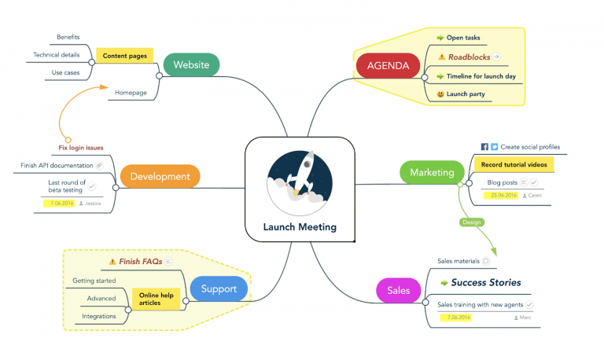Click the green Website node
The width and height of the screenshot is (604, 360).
(190, 64)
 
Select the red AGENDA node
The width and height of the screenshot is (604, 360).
(388, 65)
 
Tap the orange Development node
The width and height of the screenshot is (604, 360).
(160, 176)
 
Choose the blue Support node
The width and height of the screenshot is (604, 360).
(218, 288)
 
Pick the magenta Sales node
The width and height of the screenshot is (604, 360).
(398, 290)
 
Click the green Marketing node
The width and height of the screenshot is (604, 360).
(432, 172)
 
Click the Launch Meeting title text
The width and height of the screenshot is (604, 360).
(300, 227)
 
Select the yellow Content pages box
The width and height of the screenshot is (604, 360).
(124, 56)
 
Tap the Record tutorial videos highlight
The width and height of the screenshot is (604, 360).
(514, 165)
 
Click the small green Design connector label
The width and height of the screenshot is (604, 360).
(472, 222)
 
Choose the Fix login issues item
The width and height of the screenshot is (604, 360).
(81, 147)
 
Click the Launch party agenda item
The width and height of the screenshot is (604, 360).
(465, 94)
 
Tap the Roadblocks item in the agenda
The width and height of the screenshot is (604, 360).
(469, 57)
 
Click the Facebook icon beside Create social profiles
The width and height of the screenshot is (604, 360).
(484, 147)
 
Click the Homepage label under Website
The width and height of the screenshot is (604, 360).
(131, 92)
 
